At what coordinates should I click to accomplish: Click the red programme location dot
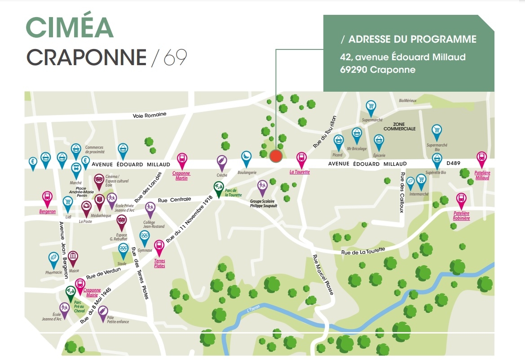pos(275,156)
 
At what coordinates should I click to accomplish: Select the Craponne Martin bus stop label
pos(181,176)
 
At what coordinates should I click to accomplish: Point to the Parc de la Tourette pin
pos(218,187)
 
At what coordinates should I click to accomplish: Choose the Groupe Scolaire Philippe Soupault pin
pos(262,187)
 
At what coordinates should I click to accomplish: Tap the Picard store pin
pos(339,142)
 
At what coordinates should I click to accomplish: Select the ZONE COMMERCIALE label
pos(399,126)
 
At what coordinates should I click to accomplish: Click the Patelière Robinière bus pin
pos(461,200)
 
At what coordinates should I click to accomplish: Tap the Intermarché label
pos(419,194)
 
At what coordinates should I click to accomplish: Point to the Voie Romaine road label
pos(149,115)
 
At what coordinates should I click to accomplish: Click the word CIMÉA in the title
pos(70,28)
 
